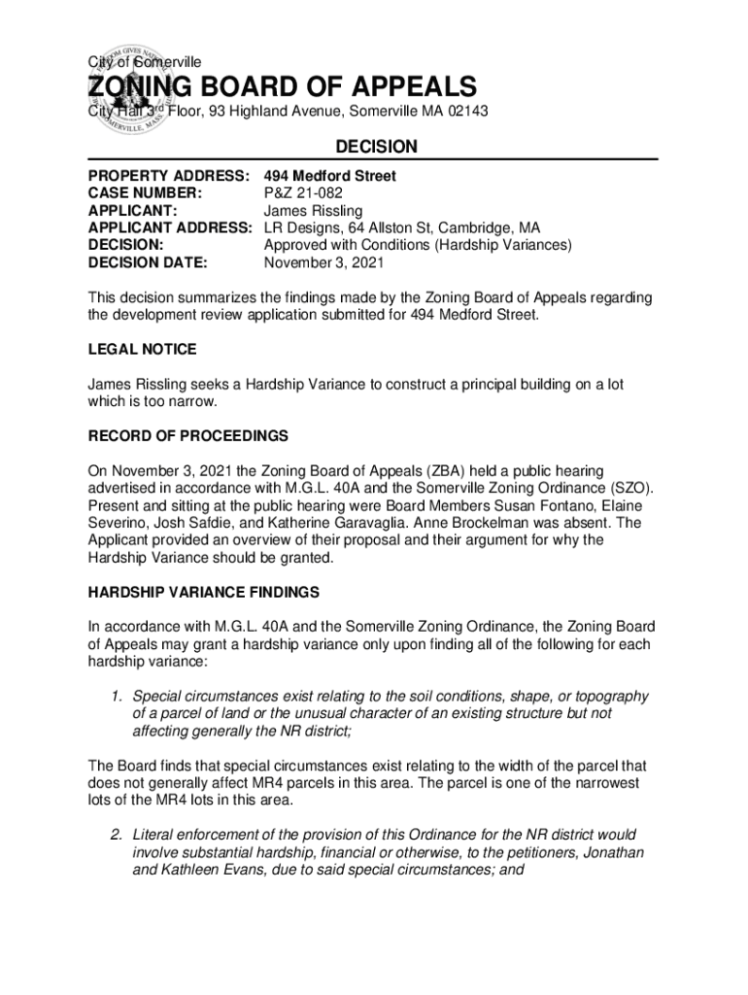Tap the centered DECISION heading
click(376, 147)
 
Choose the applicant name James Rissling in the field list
click(313, 211)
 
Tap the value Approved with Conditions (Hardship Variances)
click(418, 245)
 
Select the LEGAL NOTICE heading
click(142, 349)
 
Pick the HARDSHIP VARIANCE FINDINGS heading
click(204, 592)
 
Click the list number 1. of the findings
click(115, 696)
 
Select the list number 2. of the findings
click(115, 835)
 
